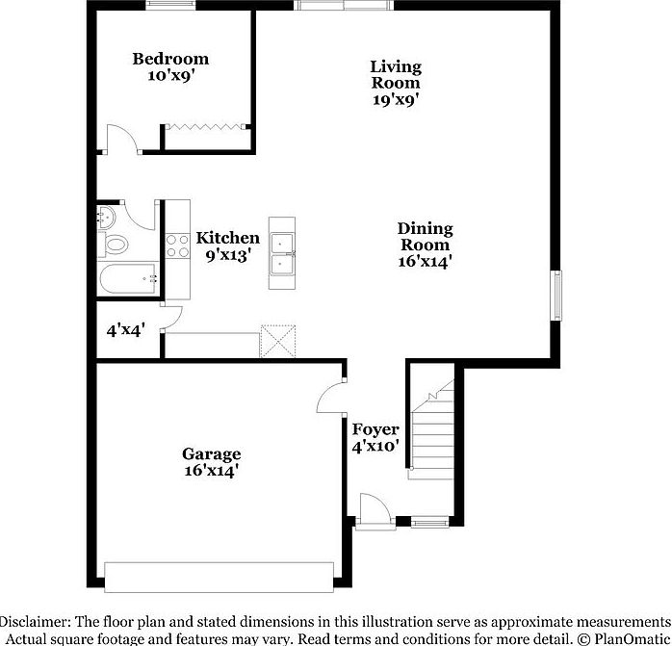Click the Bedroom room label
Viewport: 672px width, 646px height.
tap(170, 60)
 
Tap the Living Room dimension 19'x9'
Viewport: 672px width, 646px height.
tap(396, 98)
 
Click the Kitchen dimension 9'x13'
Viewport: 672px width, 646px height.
tap(227, 255)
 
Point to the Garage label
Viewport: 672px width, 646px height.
tap(211, 454)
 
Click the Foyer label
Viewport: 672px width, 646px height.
tap(375, 429)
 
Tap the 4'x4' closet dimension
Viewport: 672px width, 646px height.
tap(124, 330)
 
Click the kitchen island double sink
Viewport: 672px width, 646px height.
tap(283, 252)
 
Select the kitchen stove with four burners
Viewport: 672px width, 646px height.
tap(176, 245)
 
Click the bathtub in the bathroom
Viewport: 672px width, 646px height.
tap(127, 279)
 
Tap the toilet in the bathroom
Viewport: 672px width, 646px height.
tap(115, 244)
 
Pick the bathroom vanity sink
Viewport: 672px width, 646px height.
tap(105, 216)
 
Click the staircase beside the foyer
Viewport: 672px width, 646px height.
tap(429, 424)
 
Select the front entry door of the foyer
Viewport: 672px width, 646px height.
tap(371, 511)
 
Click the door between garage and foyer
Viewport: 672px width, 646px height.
tap(333, 398)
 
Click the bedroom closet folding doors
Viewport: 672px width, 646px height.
tap(208, 125)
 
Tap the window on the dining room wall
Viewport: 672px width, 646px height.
tap(556, 295)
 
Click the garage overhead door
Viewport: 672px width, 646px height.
tap(220, 577)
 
